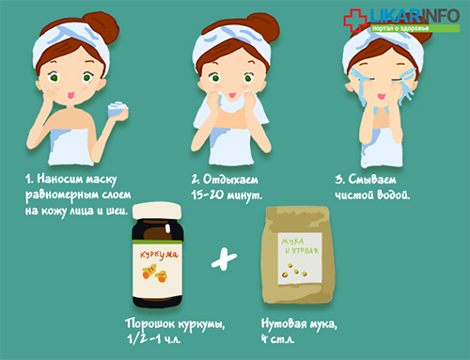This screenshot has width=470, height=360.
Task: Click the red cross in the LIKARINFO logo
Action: pos(355,21)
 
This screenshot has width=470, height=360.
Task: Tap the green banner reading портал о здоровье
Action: pos(415,28)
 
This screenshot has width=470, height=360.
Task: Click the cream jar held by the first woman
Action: pos(117,109)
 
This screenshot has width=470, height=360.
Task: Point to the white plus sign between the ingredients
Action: pos(224,258)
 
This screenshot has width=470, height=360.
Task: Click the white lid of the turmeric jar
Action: pos(157,211)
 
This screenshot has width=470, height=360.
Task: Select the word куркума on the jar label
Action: pos(159,255)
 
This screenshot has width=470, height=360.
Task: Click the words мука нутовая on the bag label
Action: pos(300,246)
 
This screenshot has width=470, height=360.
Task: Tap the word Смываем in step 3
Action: pos(372,180)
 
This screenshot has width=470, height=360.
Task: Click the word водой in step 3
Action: pos(394,196)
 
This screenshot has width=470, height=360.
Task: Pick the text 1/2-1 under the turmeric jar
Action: pos(143,339)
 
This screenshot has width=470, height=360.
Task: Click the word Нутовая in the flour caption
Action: pos(284,323)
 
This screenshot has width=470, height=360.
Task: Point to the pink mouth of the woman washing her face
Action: pos(381,96)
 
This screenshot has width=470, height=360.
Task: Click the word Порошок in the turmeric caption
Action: pos(150,323)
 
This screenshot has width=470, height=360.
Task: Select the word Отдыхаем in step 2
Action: pos(231,180)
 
